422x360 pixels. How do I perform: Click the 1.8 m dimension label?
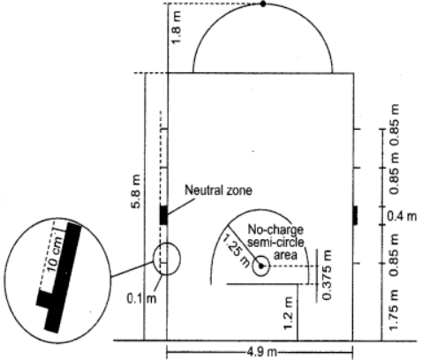[x=177, y=27]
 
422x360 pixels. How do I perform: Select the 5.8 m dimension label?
[x=137, y=191]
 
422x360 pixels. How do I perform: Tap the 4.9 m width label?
[x=261, y=352]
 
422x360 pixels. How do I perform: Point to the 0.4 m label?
[x=402, y=216]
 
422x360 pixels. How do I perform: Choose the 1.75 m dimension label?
[x=395, y=311]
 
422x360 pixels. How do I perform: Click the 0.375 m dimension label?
[x=327, y=275]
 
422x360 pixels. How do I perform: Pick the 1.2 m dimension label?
[x=289, y=313]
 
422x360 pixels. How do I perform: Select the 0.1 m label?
[x=141, y=299]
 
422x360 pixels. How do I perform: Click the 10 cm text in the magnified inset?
[x=55, y=254]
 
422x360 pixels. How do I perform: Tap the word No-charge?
[x=275, y=229]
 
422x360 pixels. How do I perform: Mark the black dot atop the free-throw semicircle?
[x=263, y=4]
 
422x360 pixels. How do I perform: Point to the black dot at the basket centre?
[x=260, y=266]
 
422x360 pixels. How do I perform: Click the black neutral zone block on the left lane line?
[x=163, y=215]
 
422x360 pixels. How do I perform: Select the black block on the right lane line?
[x=355, y=215]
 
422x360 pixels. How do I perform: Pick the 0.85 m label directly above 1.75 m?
[x=395, y=254]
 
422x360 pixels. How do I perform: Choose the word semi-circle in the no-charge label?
[x=275, y=242]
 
